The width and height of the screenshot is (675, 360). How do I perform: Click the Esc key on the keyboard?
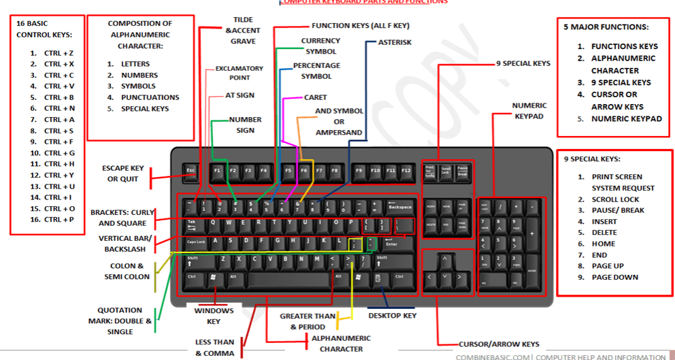(191, 170)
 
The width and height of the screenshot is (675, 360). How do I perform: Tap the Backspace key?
(399, 206)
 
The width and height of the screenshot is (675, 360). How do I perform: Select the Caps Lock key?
(197, 242)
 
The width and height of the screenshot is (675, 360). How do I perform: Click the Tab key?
(194, 223)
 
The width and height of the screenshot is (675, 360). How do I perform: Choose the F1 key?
(217, 170)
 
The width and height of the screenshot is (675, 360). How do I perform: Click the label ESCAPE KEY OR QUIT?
(122, 174)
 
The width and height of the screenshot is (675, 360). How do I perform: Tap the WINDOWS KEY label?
(214, 316)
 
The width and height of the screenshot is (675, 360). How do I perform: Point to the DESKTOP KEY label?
(392, 316)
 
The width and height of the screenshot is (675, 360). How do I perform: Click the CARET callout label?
(315, 97)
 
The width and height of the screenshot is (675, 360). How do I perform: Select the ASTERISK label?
(395, 42)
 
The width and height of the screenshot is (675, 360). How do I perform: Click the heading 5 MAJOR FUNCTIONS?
(606, 27)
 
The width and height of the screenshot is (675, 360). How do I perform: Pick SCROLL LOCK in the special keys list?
(615, 199)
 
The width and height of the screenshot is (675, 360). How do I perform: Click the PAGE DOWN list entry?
(614, 277)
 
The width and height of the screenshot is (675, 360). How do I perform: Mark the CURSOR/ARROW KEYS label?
(499, 344)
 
